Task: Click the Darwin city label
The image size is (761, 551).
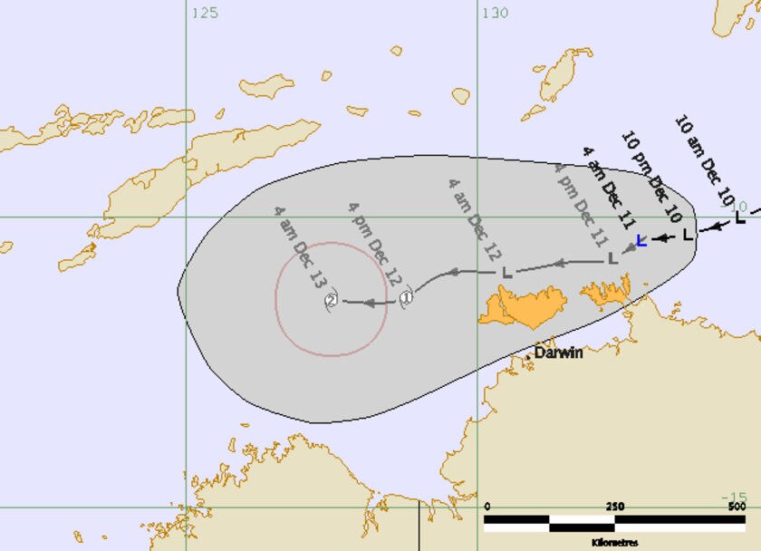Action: tap(558, 353)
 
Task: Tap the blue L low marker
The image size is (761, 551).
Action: tap(641, 240)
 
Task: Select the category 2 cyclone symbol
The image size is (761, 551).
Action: tap(332, 301)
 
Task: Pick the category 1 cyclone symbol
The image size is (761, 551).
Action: tap(407, 296)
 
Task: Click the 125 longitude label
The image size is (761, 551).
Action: tap(206, 13)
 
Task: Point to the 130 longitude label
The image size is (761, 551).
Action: tap(496, 13)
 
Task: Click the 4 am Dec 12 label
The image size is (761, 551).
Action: tap(477, 216)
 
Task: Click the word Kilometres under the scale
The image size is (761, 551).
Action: tap(615, 542)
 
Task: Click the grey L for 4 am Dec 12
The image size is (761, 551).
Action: tap(506, 272)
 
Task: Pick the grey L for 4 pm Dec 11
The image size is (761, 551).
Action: tap(612, 258)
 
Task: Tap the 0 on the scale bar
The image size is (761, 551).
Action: tap(487, 506)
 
